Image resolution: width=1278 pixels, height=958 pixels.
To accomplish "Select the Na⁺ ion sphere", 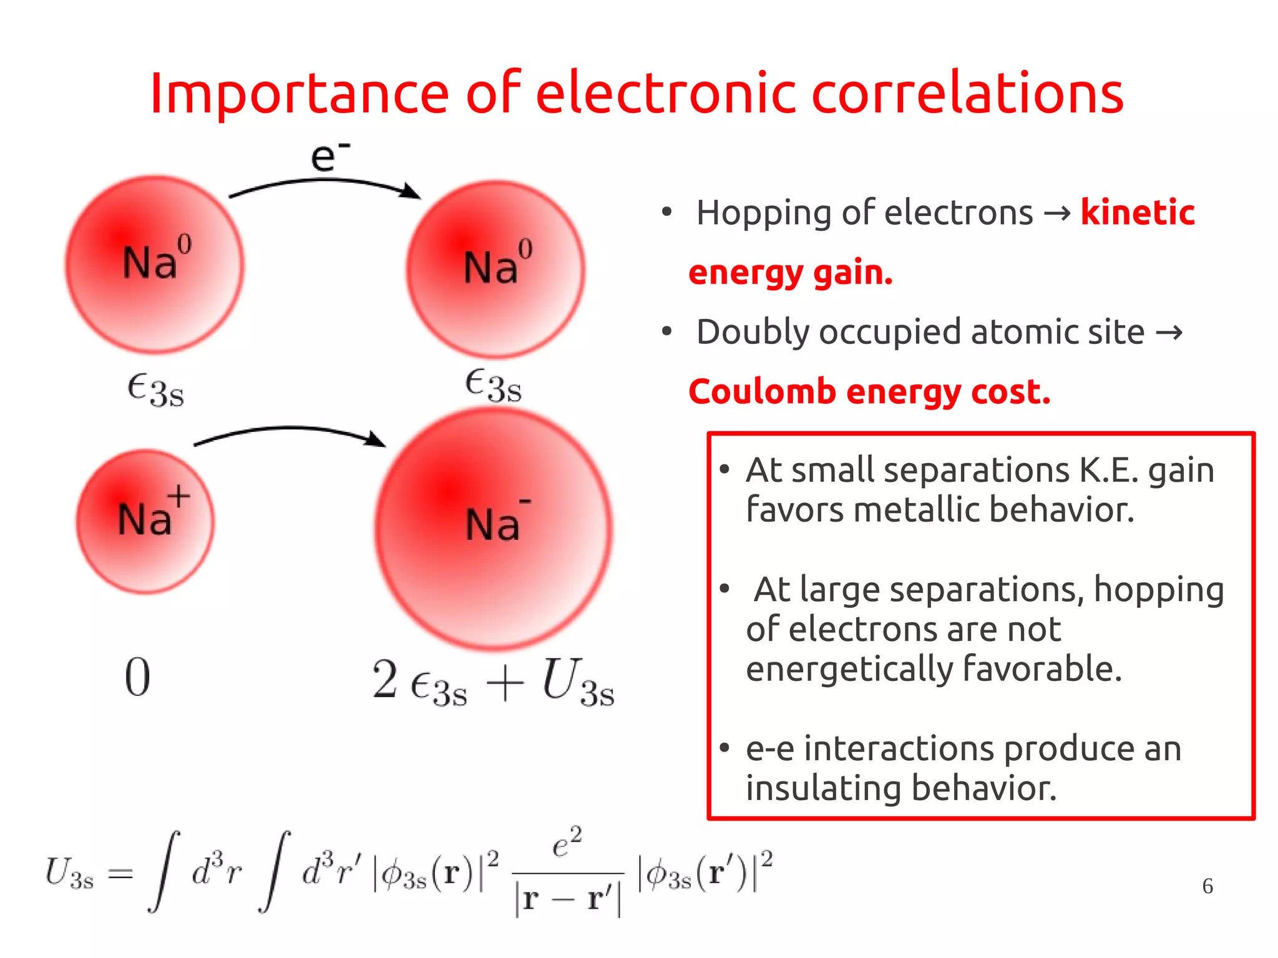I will click(x=145, y=521).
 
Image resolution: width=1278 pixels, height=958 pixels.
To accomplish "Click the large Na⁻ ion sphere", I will click(x=493, y=527).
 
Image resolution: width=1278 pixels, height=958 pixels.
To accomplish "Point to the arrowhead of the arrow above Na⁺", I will click(x=376, y=439).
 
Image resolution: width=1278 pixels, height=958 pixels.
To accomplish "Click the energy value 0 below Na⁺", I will click(x=137, y=677).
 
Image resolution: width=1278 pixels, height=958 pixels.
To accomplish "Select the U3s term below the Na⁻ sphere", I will click(x=578, y=683).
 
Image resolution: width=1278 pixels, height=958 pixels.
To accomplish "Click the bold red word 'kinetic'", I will click(x=1137, y=212).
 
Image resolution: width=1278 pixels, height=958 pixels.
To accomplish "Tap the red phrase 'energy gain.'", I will click(x=791, y=273).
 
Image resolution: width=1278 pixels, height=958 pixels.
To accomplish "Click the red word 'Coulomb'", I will click(x=761, y=392).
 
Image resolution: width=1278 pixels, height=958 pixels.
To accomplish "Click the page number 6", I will click(x=1207, y=886).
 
